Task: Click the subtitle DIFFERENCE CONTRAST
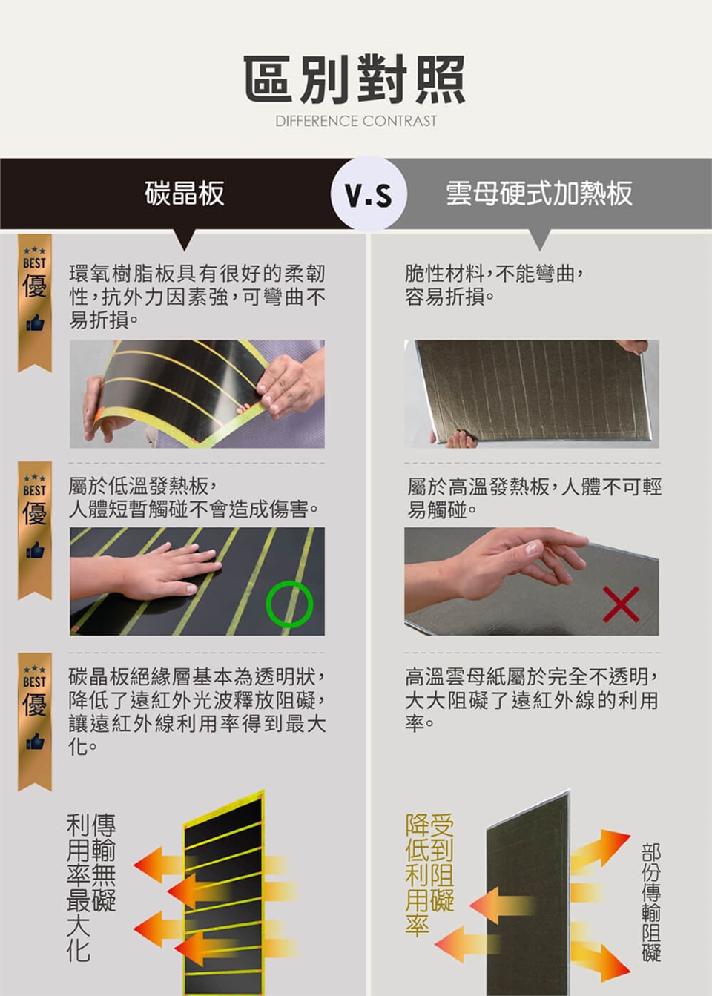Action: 356,121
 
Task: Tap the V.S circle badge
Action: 369,195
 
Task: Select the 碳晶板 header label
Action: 184,194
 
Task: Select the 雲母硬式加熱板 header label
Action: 539,194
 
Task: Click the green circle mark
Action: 289,604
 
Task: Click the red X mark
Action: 621,604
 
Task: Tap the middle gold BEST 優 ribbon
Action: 35,530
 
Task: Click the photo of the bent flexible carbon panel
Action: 197,394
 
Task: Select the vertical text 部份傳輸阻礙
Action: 651,902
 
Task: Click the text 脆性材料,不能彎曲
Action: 494,274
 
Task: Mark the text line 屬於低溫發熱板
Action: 141,486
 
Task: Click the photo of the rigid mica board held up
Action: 531,394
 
